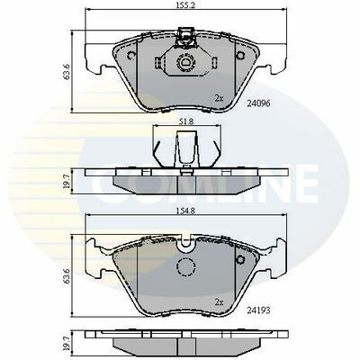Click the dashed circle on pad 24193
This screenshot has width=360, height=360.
186,269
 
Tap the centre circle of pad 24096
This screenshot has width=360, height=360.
188,63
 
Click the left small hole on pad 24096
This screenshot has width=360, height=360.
134,53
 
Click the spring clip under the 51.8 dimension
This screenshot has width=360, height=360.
186,143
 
